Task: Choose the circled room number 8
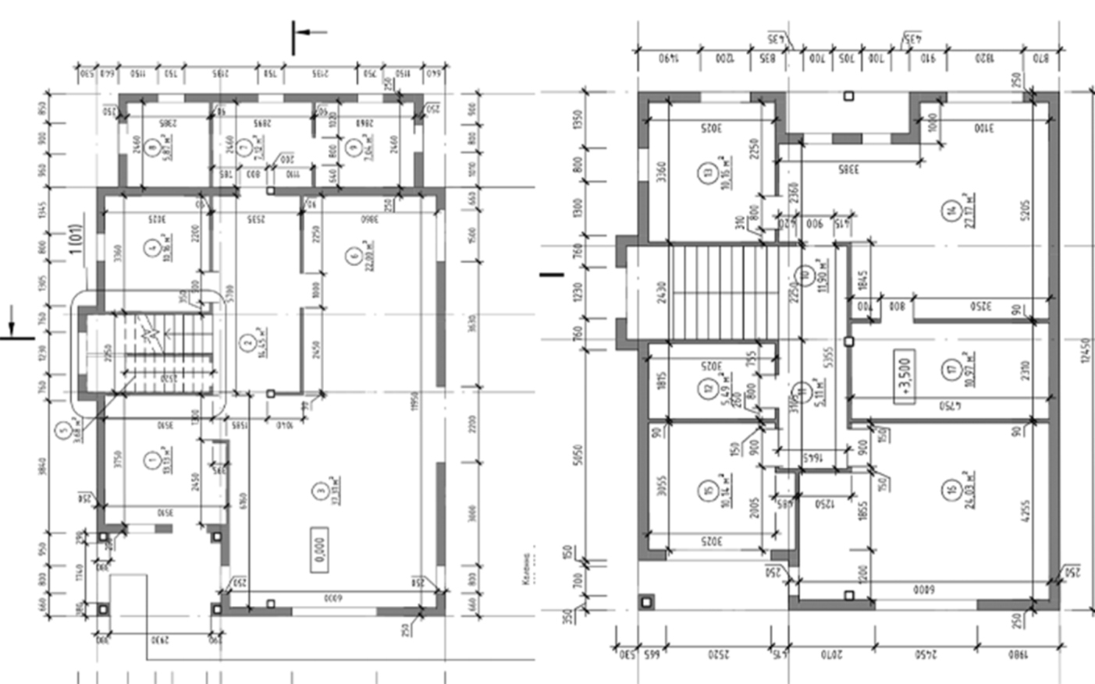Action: click(152, 144)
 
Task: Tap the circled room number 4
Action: click(151, 249)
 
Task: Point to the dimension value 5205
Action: click(1025, 210)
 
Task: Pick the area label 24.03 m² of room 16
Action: click(967, 487)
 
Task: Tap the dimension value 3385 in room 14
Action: click(848, 168)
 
